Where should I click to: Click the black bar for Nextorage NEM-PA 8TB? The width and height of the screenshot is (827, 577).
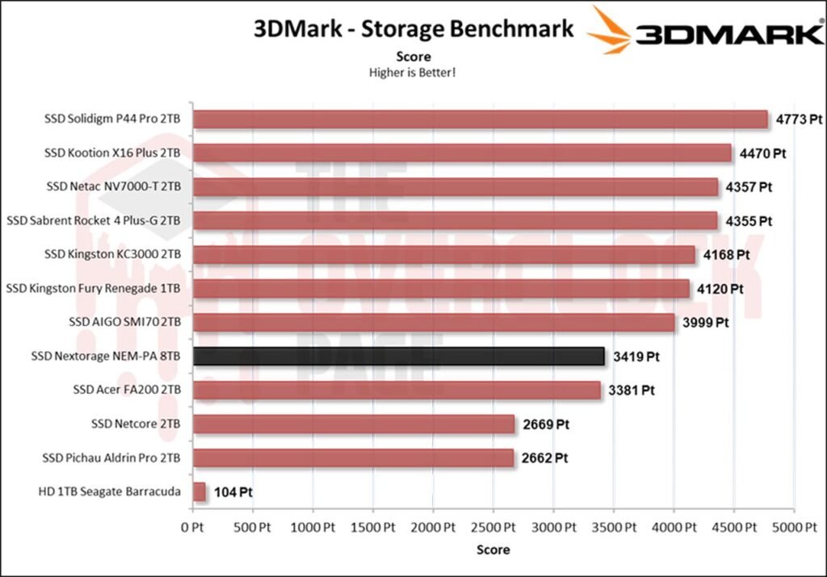pos(399,356)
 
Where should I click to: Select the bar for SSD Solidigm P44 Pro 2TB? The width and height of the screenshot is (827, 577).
pos(481,119)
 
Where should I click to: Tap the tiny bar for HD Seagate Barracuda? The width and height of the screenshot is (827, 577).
pos(199,491)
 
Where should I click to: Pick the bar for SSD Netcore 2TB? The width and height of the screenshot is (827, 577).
pos(354,424)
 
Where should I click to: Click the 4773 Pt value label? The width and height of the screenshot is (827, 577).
pos(799,119)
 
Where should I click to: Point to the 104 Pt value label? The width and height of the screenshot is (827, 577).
pos(234,491)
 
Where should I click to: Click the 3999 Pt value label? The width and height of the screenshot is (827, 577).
pos(705,322)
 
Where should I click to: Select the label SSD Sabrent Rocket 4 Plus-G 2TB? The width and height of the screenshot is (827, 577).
pos(94,220)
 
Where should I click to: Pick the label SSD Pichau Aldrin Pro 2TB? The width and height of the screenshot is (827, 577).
pos(111,458)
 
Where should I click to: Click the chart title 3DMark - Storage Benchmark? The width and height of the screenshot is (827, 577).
pos(413,29)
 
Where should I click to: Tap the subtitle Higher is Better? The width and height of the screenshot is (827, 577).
pos(413,73)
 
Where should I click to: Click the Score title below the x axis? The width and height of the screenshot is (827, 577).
pos(493,550)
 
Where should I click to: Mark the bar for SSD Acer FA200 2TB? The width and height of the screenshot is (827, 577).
pos(397,390)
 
